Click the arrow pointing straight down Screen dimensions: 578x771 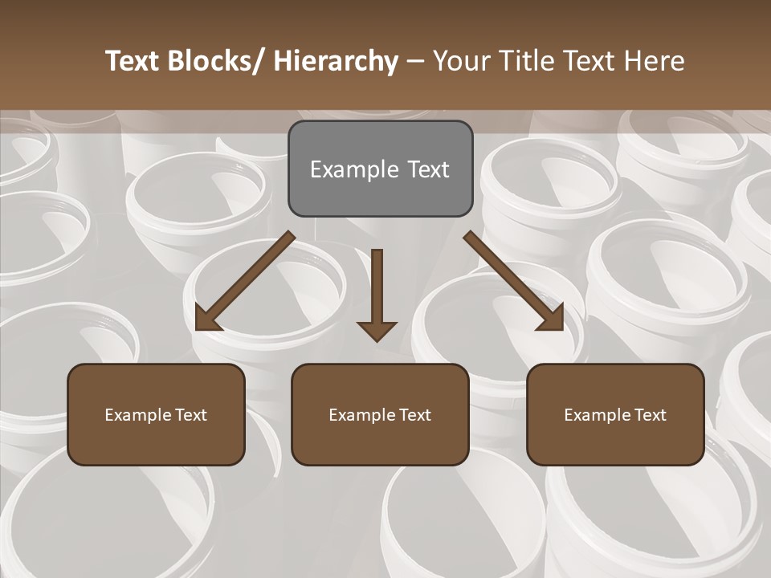click(377, 293)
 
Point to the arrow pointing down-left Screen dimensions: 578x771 click(244, 281)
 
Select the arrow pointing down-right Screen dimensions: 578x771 click(514, 281)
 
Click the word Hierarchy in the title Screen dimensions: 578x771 click(336, 61)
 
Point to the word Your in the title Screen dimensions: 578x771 click(460, 61)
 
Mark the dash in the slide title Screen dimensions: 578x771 click(414, 61)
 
